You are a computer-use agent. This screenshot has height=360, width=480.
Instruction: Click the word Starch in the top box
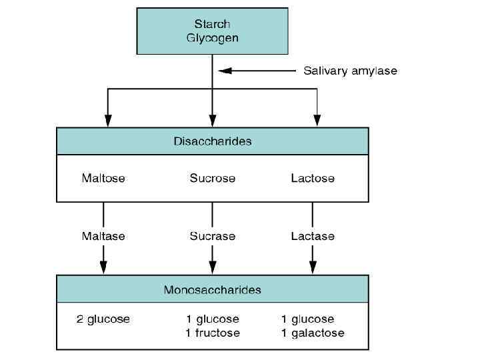pyautogui.click(x=212, y=24)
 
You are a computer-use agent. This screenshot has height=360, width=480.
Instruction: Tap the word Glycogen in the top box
pyautogui.click(x=212, y=38)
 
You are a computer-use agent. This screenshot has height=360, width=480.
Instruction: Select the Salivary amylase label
pyautogui.click(x=350, y=70)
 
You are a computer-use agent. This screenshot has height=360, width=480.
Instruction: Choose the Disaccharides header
pyautogui.click(x=212, y=141)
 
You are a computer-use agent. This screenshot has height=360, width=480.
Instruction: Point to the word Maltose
pyautogui.click(x=103, y=178)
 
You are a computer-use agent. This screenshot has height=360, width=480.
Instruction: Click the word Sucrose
pyautogui.click(x=212, y=178)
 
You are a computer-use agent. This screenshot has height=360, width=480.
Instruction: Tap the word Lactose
pyautogui.click(x=313, y=178)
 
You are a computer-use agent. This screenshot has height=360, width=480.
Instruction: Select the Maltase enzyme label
pyautogui.click(x=103, y=236)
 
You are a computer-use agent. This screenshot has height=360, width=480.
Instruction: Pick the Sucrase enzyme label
pyautogui.click(x=212, y=236)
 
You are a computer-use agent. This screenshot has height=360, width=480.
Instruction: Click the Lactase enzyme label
pyautogui.click(x=313, y=236)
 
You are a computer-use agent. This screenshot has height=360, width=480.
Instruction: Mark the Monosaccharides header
pyautogui.click(x=212, y=290)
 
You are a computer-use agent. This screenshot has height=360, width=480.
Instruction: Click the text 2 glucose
pyautogui.click(x=103, y=319)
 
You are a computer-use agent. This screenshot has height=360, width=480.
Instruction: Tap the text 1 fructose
pyautogui.click(x=213, y=333)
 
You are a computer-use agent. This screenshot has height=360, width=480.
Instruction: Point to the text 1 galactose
pyautogui.click(x=313, y=333)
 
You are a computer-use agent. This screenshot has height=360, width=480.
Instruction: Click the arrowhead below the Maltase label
pyautogui.click(x=103, y=268)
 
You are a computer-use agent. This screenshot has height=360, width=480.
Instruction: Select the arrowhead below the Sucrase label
pyautogui.click(x=212, y=268)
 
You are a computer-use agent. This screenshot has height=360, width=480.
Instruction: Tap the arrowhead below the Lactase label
pyautogui.click(x=313, y=268)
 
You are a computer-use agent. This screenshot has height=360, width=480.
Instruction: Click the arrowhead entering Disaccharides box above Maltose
pyautogui.click(x=108, y=121)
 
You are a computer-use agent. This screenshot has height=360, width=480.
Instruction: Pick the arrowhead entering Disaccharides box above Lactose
pyautogui.click(x=317, y=121)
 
